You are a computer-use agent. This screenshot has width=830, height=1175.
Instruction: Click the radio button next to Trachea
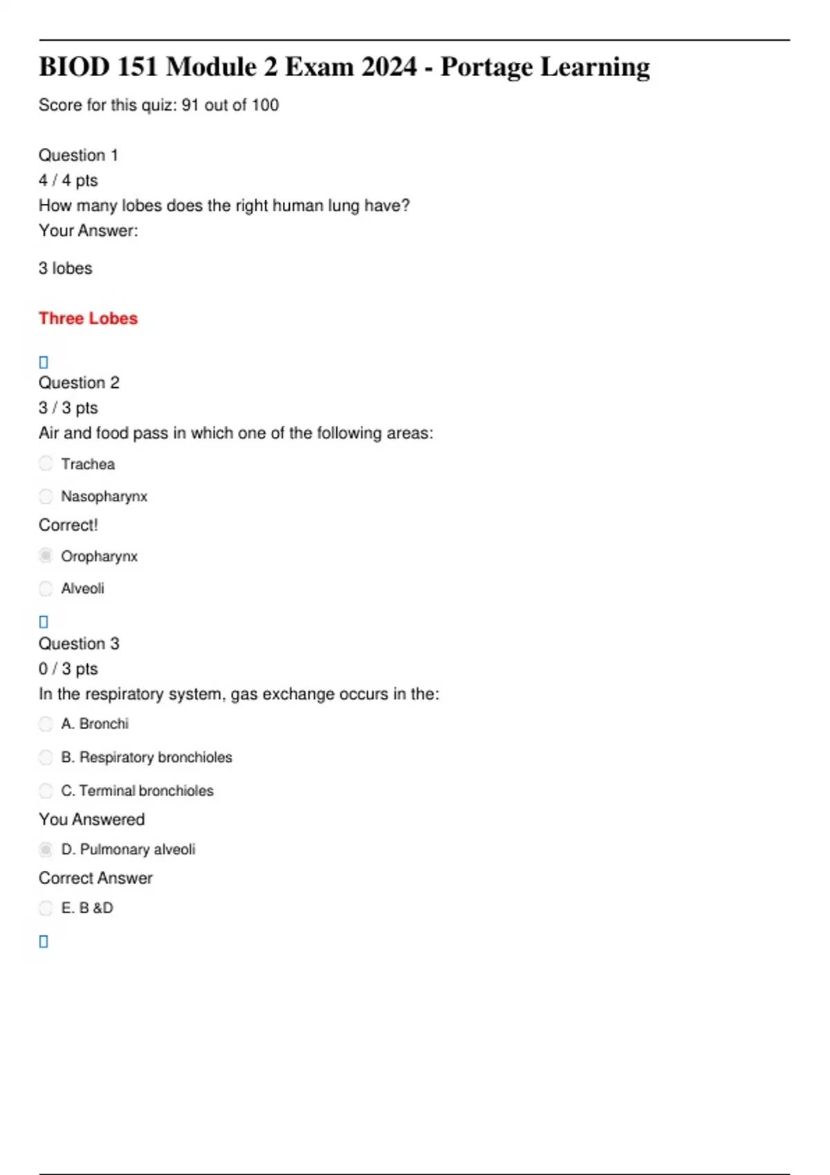tap(46, 464)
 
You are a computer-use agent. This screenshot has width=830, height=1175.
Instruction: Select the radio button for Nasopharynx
tap(46, 496)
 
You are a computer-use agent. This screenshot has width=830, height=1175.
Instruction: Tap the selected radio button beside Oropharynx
tap(46, 556)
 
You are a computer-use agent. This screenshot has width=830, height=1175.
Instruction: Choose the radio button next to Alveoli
tap(46, 588)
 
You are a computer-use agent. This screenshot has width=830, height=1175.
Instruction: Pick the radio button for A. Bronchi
tap(46, 724)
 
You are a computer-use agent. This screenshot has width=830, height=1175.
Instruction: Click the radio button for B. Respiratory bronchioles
tap(46, 758)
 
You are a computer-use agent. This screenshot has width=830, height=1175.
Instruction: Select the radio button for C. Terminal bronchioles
tap(46, 791)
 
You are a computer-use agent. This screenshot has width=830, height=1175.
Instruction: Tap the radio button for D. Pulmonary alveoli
tap(46, 849)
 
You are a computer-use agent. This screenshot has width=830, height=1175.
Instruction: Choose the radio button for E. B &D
tap(46, 908)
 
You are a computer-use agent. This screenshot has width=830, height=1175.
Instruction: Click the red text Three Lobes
tap(88, 319)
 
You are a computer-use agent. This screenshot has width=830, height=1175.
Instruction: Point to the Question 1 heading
tap(78, 156)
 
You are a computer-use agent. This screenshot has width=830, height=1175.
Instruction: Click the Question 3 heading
tap(79, 644)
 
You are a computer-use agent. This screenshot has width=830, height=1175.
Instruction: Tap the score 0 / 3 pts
tap(68, 669)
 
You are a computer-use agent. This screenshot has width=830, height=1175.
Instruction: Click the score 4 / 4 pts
tap(68, 180)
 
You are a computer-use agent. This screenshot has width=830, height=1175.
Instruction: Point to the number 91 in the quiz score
tap(190, 105)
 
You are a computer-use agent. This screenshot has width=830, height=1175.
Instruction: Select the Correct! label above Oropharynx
tap(68, 525)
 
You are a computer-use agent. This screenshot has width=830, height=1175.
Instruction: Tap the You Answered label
tap(91, 820)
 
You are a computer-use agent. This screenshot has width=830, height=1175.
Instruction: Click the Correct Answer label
tap(95, 878)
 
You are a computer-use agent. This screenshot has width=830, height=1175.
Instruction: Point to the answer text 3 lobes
tap(65, 268)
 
